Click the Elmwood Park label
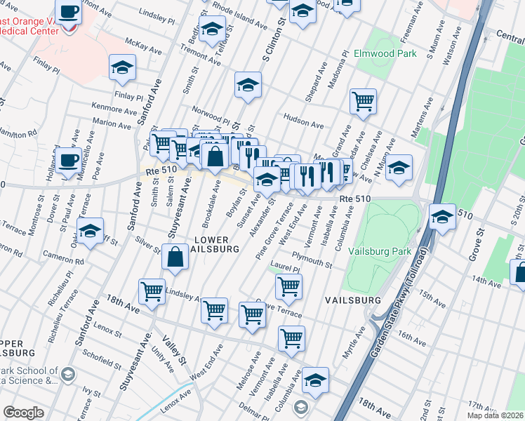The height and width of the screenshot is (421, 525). [386, 53]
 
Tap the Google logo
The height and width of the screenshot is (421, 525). [23, 413]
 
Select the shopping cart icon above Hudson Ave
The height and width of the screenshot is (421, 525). [363, 100]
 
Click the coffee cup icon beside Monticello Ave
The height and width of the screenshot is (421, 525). [69, 159]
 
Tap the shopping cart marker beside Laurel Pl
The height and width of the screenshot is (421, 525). [288, 285]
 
